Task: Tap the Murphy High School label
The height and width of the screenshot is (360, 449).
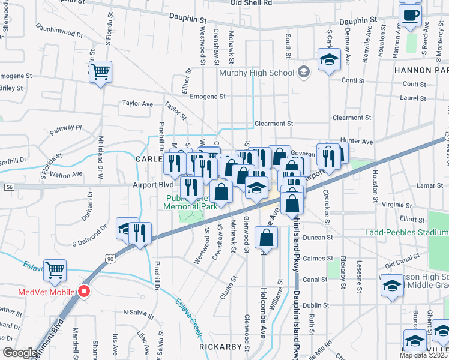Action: pos(256,73)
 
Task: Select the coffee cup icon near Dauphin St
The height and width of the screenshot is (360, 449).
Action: pos(411,16)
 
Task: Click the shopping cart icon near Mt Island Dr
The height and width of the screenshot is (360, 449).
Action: pos(101,72)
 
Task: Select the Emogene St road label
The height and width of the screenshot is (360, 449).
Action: pos(207,96)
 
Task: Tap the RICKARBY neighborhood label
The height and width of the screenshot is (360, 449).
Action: pos(221,346)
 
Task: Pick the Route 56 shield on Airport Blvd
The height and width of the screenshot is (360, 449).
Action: pos(8,187)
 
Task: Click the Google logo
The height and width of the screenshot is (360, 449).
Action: pos(20,352)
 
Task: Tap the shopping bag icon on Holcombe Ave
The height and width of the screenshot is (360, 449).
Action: pos(267,238)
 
